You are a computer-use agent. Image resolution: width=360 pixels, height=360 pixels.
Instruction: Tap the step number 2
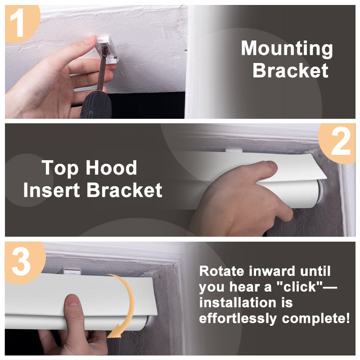click(341, 141)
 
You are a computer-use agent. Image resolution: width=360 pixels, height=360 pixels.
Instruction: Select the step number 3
click(21, 262)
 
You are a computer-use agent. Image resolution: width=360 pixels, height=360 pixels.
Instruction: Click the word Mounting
click(287, 49)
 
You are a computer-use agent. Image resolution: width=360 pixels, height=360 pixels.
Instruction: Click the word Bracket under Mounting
click(290, 70)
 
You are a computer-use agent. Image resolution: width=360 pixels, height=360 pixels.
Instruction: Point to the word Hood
click(111, 168)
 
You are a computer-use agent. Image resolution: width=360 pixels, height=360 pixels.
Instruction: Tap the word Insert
click(52, 190)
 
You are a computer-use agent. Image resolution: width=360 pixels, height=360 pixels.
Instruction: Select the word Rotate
click(221, 271)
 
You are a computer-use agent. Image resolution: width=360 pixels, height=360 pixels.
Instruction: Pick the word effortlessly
click(238, 319)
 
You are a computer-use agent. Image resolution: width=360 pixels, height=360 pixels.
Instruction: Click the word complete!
click(316, 319)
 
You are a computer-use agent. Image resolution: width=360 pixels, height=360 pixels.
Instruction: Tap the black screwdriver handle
click(96, 105)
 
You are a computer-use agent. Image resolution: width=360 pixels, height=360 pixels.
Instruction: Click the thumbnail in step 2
click(272, 166)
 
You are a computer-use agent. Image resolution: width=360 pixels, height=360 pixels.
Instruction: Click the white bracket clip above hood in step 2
click(234, 151)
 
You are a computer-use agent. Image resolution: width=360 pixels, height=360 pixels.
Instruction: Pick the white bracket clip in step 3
click(72, 272)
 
